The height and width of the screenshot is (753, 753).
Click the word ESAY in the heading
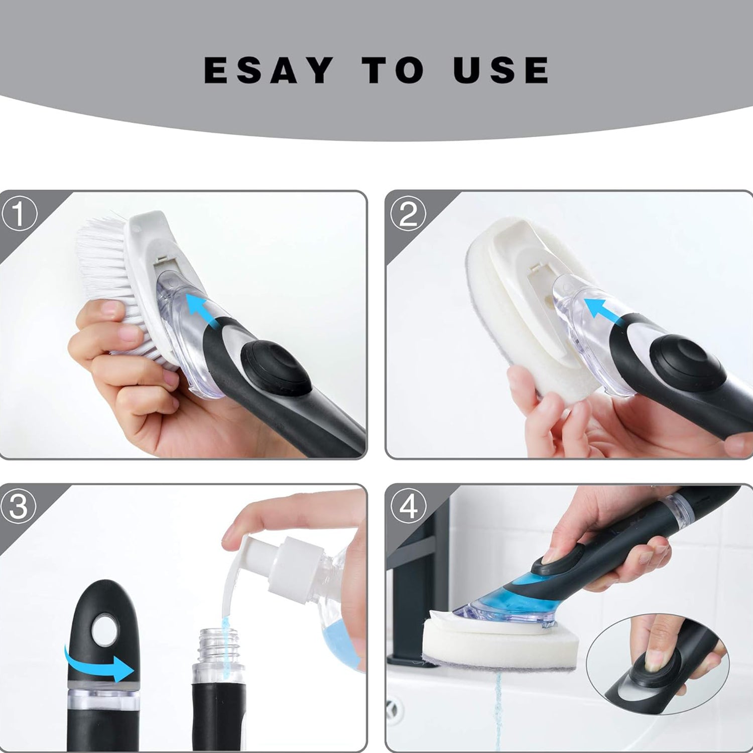[x=269, y=70]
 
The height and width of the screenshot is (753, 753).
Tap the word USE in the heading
[x=500, y=70]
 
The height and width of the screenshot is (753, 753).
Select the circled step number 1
[x=19, y=213]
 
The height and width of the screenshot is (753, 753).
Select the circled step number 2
[x=408, y=213]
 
